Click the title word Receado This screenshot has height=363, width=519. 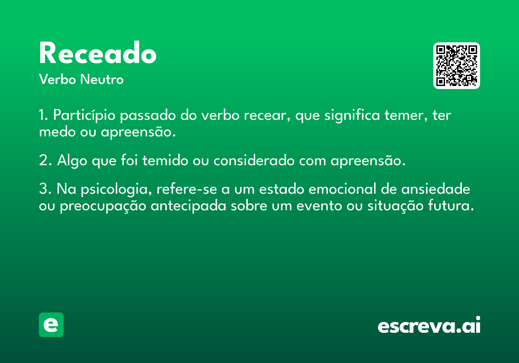[98, 52]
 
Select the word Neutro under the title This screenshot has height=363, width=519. [102, 80]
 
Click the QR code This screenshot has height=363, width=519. [456, 66]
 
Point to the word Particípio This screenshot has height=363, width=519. [84, 115]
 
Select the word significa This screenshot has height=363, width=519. [352, 115]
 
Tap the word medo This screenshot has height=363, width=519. [58, 132]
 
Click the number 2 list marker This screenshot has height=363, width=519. [45, 160]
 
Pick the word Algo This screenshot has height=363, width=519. [72, 161]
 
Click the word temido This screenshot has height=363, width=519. [165, 160]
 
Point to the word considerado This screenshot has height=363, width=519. [254, 160]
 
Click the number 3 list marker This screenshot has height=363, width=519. [45, 189]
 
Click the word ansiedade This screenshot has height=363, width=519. [436, 189]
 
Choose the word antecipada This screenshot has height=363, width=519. [189, 206]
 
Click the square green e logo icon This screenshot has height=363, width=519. [51, 325]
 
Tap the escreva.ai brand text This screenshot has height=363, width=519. [429, 325]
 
